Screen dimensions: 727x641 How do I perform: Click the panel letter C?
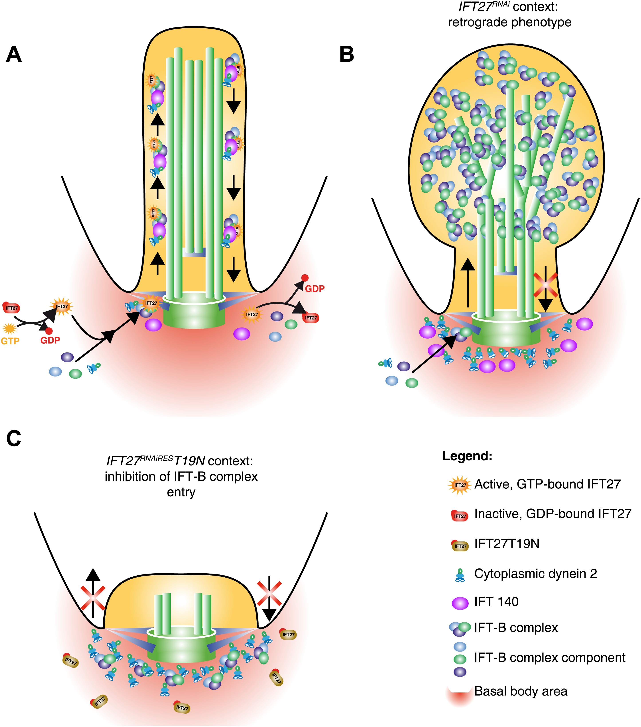coord(14,439)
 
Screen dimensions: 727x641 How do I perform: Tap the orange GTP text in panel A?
coord(10,341)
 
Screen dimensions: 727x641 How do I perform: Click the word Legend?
coord(467,456)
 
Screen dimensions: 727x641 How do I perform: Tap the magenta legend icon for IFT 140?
coord(460,603)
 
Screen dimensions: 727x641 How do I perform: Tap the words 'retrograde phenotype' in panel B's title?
coord(509,22)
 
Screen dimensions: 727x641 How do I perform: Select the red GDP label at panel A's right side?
coord(315,289)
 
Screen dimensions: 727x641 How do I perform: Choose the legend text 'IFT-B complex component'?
coord(550,658)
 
